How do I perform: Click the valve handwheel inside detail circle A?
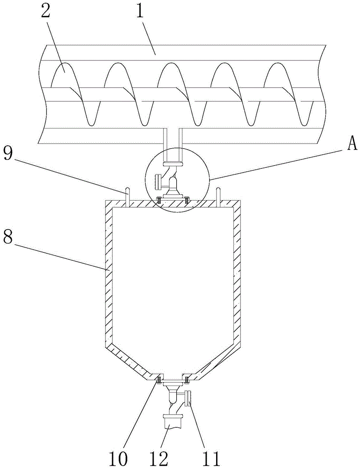coord(157,182)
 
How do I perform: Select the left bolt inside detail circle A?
coord(159,198)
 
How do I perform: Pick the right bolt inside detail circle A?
coord(187,198)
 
